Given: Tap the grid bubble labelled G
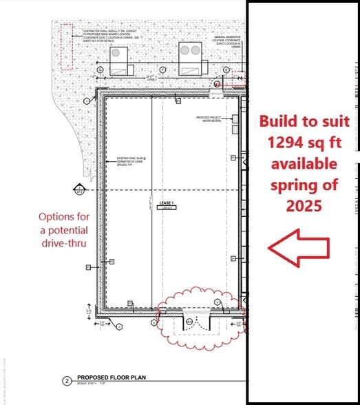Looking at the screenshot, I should pos(100,70).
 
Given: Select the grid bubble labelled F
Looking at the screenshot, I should pos(162,70).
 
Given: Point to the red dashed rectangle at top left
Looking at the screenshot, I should pos(66,46).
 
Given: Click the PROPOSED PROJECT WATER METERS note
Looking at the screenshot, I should pos(219,121).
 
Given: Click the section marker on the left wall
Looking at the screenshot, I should pos(76,187).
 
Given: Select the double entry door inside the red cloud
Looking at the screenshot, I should pos(189,323).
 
